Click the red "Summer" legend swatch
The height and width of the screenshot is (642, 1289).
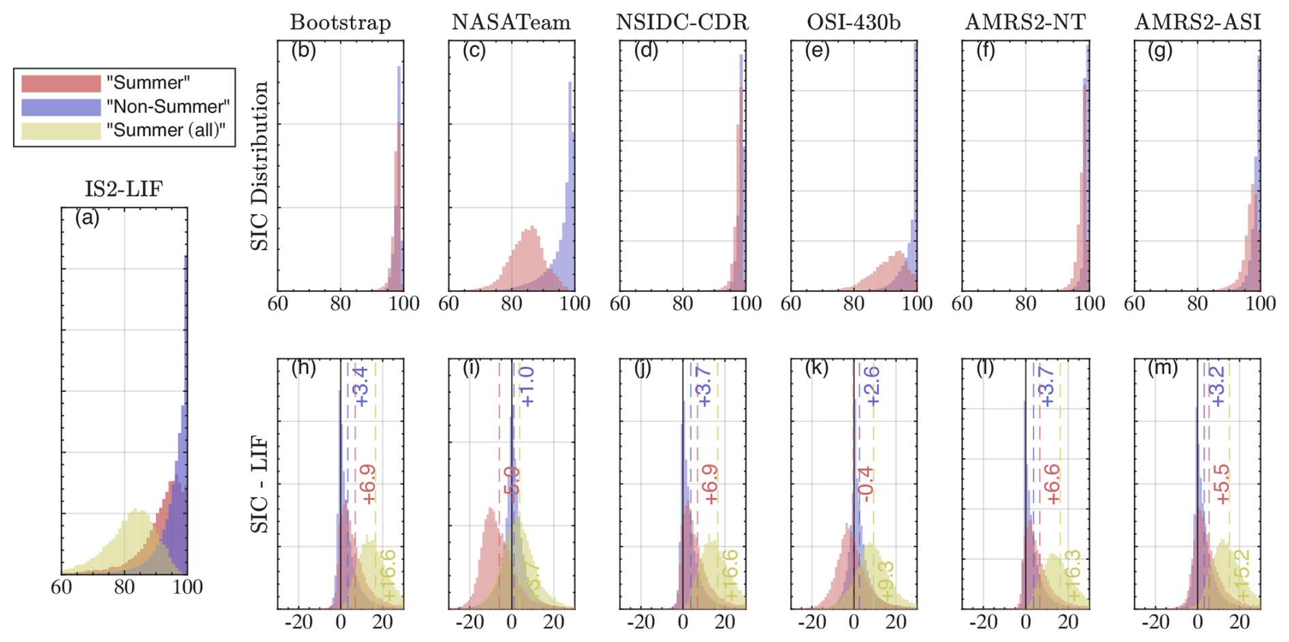point(61,83)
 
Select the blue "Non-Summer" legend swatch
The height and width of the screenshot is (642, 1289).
point(61,107)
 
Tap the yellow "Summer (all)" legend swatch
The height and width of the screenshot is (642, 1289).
point(61,130)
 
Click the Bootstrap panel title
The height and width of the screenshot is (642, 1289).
point(340,22)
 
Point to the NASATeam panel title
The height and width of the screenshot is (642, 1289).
point(511,22)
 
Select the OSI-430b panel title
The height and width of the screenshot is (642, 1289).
point(854,22)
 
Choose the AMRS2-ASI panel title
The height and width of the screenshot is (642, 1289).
point(1197,22)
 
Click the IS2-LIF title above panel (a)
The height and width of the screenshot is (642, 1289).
point(123,189)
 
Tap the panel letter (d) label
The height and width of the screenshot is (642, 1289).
point(644,50)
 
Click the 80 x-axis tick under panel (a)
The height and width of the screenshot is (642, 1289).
point(124,586)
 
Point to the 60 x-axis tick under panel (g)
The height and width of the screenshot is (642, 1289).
point(1134,303)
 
